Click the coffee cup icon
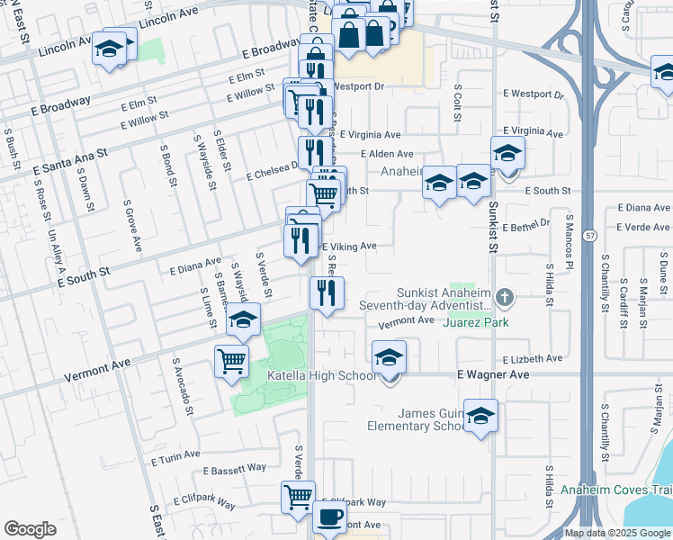pos(329,517)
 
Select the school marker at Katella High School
pos(389,357)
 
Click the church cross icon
pos(506,297)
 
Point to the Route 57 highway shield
pos(589,235)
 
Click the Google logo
pos(30,529)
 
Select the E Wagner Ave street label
pos(492,373)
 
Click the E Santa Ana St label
pos(69,160)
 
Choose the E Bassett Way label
pos(235,468)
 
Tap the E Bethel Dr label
pos(526,226)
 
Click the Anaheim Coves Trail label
pos(615,490)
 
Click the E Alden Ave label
pos(387,154)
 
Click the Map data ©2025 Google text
pos(617,533)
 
